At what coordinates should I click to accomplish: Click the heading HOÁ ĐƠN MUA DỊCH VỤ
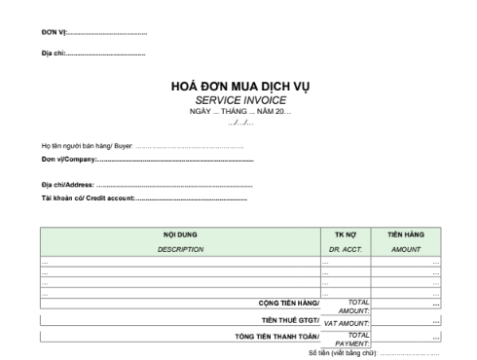click(238, 87)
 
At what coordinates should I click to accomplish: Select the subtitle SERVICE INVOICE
click(238, 100)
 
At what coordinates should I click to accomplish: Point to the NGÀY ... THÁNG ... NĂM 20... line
click(239, 111)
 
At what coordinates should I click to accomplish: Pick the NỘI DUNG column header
click(180, 234)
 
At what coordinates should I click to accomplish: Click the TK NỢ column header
click(346, 234)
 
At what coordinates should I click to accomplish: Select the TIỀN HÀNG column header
click(406, 234)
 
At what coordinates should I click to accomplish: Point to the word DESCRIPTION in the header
click(180, 249)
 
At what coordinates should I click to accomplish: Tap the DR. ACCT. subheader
click(346, 249)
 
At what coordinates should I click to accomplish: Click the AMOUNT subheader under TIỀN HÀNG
click(406, 249)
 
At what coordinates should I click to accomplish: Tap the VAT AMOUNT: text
click(346, 322)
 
